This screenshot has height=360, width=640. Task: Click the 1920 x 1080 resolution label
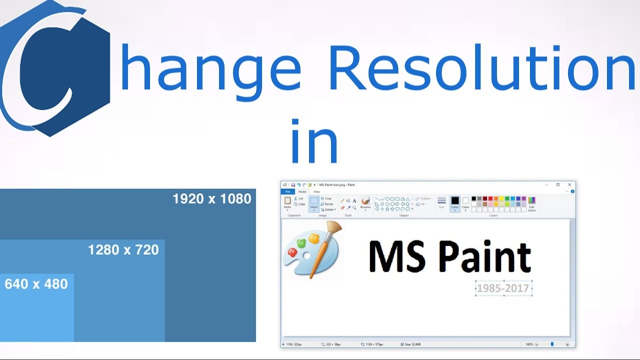(211, 199)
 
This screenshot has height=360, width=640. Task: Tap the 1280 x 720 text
(123, 250)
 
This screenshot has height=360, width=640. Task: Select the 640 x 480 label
(36, 284)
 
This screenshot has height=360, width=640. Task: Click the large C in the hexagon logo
(47, 67)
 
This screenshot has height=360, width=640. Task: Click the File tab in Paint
(287, 191)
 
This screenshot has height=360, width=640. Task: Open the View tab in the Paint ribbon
(316, 191)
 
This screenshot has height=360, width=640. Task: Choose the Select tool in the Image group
(314, 203)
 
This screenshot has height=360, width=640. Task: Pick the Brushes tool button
(365, 202)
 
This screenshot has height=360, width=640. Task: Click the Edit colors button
(531, 203)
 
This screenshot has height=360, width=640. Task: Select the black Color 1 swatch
(455, 201)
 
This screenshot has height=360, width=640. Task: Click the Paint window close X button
(569, 184)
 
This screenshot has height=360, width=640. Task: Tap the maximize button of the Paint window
(558, 184)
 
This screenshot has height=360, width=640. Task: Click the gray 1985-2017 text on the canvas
(503, 288)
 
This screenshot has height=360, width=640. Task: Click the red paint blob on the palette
(292, 253)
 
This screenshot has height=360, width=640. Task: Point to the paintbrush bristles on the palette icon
(333, 229)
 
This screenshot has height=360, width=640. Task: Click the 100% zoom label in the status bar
(529, 344)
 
